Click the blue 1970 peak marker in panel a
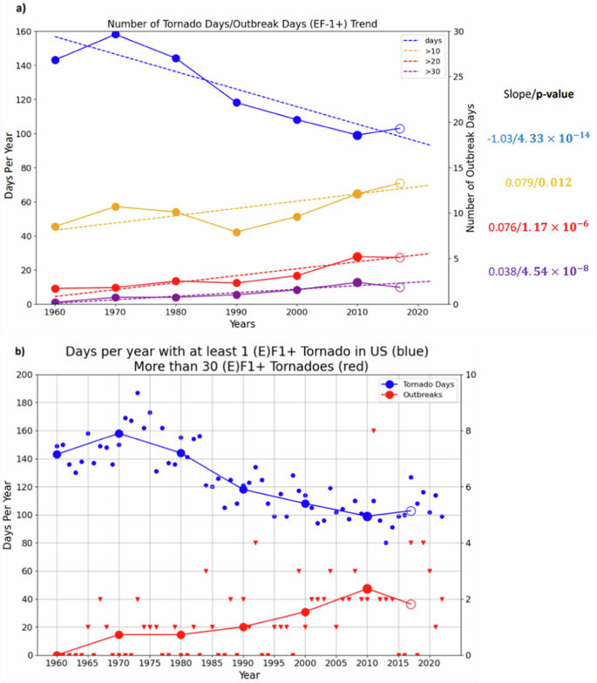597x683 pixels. (116, 34)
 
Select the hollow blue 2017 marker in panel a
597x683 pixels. (400, 129)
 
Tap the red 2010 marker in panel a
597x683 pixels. (357, 257)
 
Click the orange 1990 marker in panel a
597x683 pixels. (236, 233)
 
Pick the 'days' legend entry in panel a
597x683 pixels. (422, 40)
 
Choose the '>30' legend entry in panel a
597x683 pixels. (422, 71)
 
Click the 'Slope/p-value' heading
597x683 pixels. (539, 94)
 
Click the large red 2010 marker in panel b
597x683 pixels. (367, 589)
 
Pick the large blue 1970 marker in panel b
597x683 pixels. (119, 434)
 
